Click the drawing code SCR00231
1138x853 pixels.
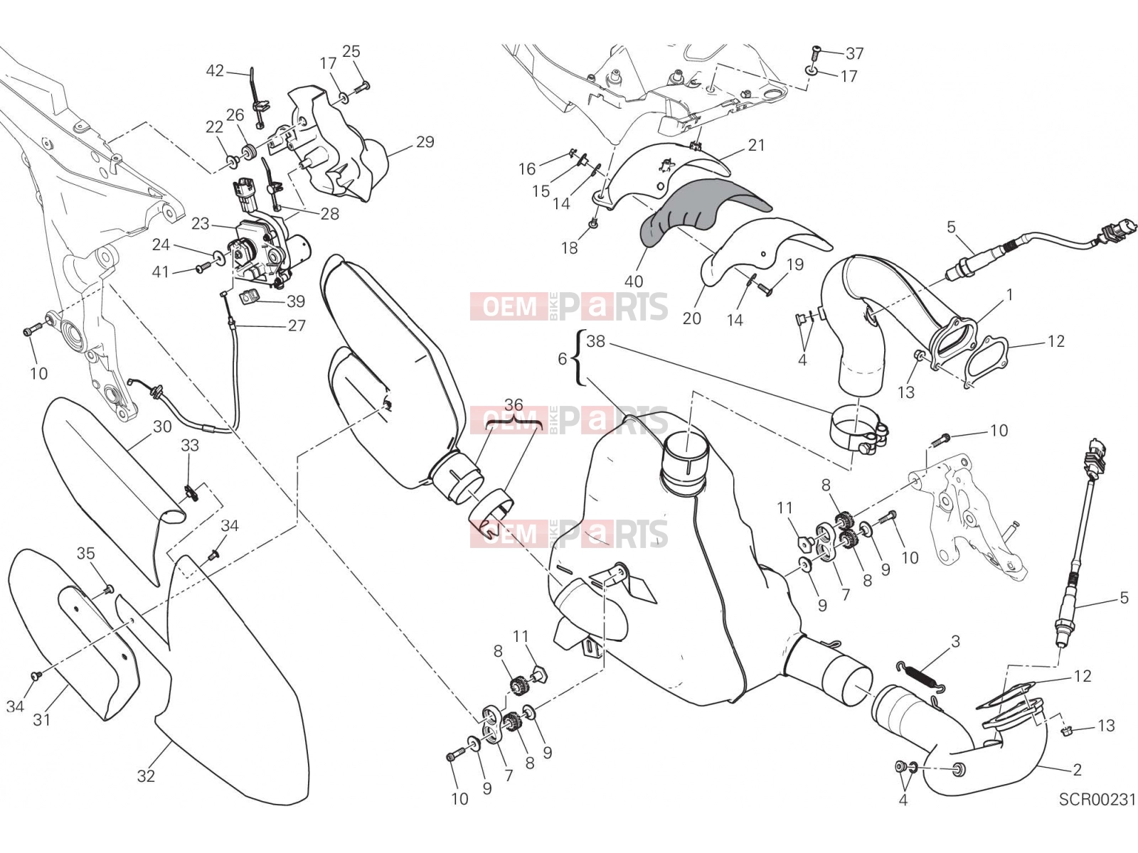tap(1097, 800)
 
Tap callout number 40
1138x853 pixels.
tap(634, 281)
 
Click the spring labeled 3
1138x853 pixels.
tap(921, 677)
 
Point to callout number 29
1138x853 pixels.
tap(425, 142)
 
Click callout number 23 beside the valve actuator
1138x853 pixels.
tap(200, 224)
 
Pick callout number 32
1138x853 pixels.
tap(147, 776)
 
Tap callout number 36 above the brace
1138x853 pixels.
tap(514, 404)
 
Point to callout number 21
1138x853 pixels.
tap(757, 146)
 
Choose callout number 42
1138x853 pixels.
tap(215, 70)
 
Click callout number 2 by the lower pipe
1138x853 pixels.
tap(1078, 770)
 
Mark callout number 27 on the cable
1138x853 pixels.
tap(297, 326)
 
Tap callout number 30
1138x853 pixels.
tap(162, 426)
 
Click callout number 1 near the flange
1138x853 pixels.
tap(1009, 295)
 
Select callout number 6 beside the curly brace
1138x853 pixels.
tap(563, 358)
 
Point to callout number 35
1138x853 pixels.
tap(86, 553)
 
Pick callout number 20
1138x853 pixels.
tap(691, 318)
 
